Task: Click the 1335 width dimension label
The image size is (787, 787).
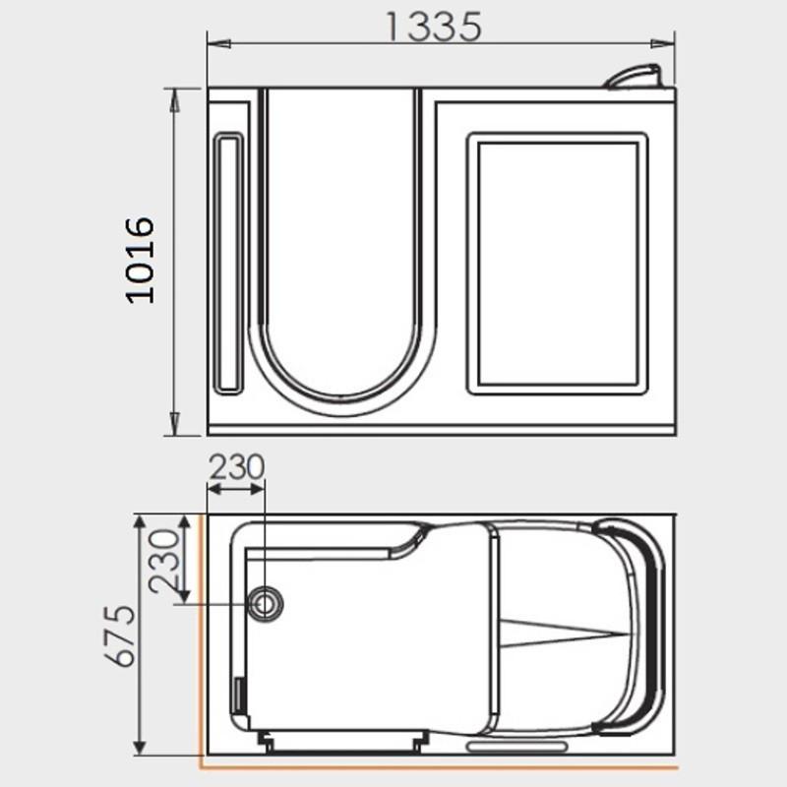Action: (x=434, y=27)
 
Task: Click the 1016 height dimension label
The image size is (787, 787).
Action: (x=140, y=260)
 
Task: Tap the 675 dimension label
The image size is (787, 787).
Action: (x=120, y=636)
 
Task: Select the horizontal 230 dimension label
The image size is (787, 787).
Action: (x=236, y=466)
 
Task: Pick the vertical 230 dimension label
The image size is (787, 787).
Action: (x=164, y=561)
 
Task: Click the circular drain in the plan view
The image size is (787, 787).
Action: (x=265, y=603)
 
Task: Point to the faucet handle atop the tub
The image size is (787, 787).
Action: (x=635, y=77)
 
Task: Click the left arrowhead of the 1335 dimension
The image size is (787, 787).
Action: (x=218, y=43)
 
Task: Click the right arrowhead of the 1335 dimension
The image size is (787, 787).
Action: (x=662, y=43)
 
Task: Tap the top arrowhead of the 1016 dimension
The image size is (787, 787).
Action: (x=174, y=100)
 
